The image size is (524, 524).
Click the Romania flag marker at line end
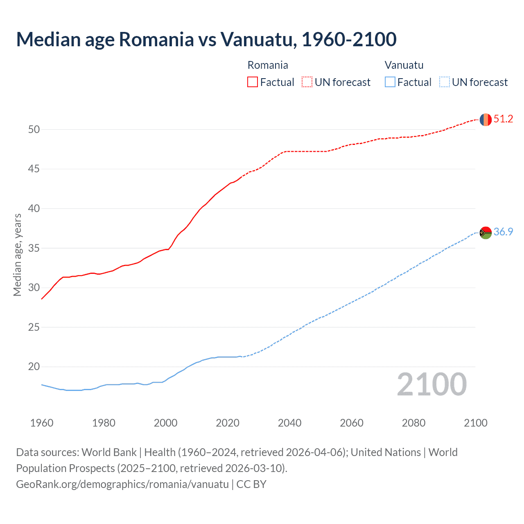(x=485, y=120)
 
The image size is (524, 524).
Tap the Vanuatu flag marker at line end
(x=485, y=233)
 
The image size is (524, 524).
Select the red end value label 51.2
(x=503, y=119)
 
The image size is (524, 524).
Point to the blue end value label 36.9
(x=503, y=232)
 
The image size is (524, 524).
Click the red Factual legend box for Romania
(x=253, y=82)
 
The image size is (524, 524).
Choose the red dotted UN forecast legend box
(x=307, y=82)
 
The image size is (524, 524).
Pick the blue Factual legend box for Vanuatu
(x=390, y=82)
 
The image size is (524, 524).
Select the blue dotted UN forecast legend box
(x=444, y=82)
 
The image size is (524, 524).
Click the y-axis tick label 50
(x=34, y=130)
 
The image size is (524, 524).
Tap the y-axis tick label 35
(x=34, y=248)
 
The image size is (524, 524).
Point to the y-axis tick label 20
(x=34, y=367)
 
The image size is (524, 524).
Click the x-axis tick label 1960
(x=42, y=423)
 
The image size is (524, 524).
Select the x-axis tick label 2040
(x=289, y=423)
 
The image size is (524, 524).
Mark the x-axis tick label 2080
(x=413, y=423)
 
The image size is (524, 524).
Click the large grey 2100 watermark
(x=432, y=384)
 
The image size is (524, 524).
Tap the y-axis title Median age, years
(x=17, y=255)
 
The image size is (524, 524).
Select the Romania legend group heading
(x=268, y=65)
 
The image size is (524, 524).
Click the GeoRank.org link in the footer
(x=122, y=484)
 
